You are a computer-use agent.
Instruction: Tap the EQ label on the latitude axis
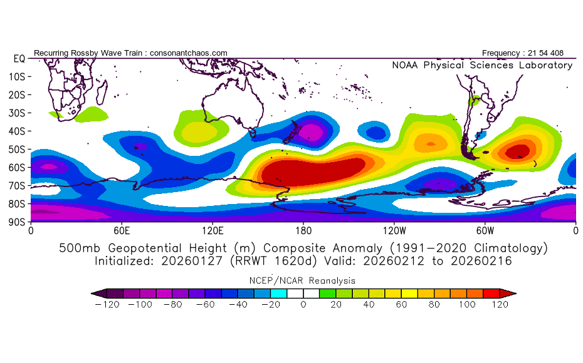(x=19, y=58)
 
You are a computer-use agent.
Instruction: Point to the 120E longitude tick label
(x=213, y=230)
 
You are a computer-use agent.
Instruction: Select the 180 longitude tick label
(x=303, y=230)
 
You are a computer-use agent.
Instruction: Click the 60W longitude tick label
(x=485, y=230)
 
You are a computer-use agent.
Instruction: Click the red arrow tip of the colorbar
(x=512, y=292)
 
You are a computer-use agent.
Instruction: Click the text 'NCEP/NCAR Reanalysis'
(x=303, y=280)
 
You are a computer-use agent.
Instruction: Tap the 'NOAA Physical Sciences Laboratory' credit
(x=482, y=65)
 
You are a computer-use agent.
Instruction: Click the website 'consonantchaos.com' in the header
(x=188, y=53)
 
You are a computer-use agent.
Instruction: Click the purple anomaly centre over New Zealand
(x=312, y=132)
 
